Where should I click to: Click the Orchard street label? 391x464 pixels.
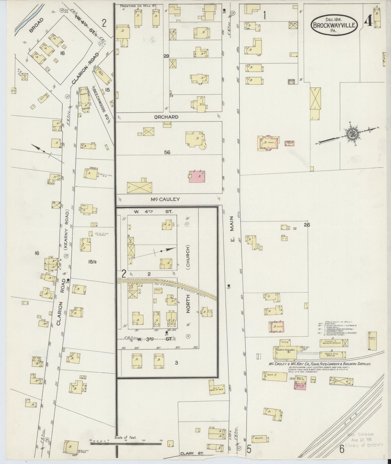pos(166,117)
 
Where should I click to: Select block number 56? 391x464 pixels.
pos(167,152)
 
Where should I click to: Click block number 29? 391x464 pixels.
pos(166,56)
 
